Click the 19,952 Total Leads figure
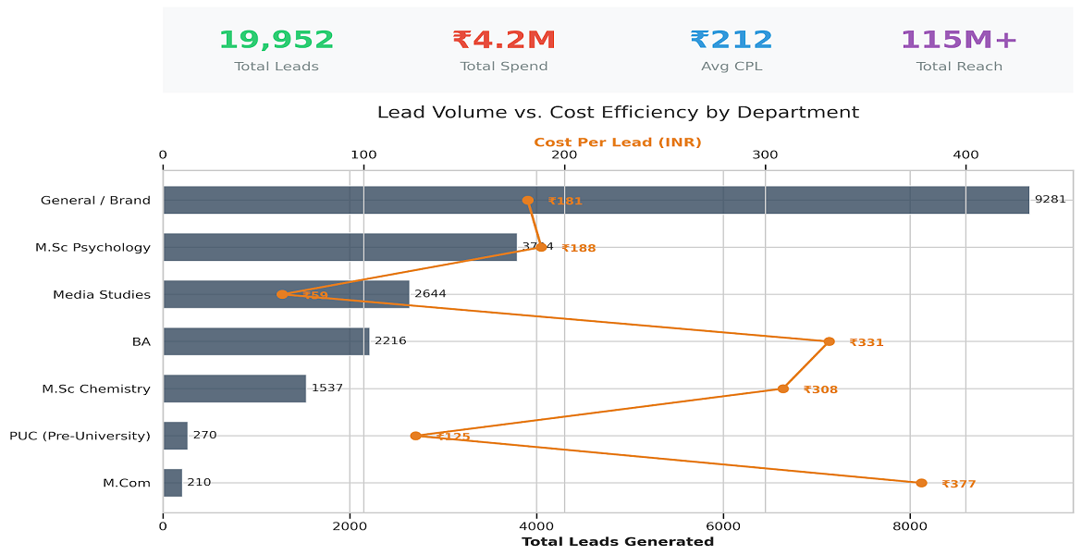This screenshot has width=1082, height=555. tap(277, 40)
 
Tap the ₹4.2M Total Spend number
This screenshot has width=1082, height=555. tap(504, 40)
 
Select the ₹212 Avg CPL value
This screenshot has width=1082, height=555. tap(732, 40)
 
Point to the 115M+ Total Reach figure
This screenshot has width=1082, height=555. tap(959, 40)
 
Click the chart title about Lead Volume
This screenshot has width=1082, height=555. tap(618, 113)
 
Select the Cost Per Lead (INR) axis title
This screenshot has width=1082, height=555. tap(618, 142)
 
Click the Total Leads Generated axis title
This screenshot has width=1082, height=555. tap(618, 542)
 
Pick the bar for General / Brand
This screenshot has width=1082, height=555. tap(596, 200)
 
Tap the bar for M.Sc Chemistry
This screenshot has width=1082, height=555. tap(234, 388)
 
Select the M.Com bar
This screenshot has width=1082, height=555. tap(173, 483)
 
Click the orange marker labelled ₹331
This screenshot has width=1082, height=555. tap(829, 341)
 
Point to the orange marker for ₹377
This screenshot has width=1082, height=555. tap(921, 483)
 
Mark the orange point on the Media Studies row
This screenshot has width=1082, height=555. tap(282, 294)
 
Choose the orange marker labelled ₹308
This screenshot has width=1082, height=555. tap(783, 388)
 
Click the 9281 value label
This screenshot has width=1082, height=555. tap(1050, 200)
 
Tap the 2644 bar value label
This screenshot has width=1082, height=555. tap(430, 294)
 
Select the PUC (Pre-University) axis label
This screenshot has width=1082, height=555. tap(80, 436)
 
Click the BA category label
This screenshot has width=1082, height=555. tap(141, 342)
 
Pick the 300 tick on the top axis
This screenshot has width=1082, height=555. tap(765, 155)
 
